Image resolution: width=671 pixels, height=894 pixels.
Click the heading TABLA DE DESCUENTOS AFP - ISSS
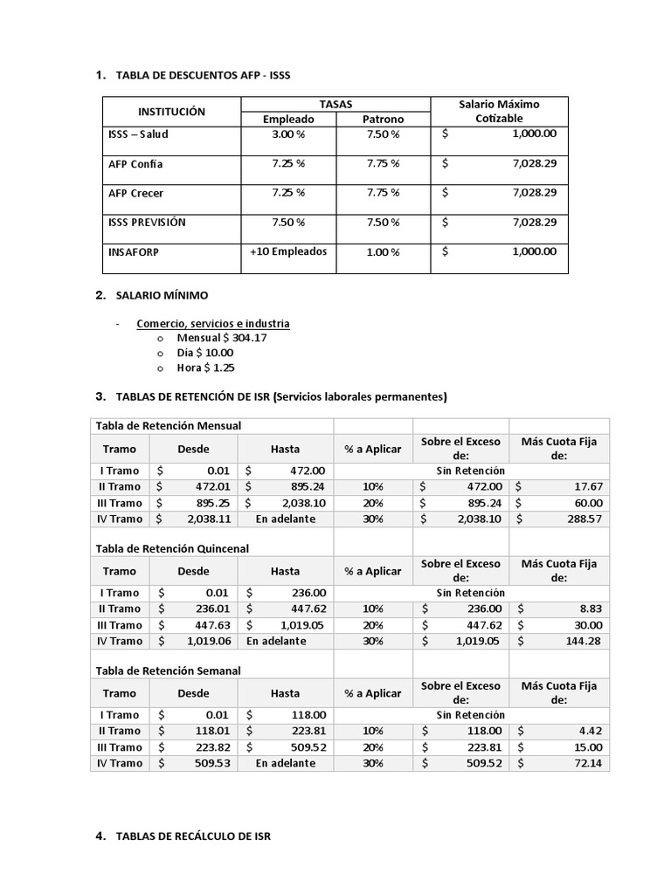point(203,76)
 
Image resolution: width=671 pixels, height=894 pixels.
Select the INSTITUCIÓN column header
point(171,112)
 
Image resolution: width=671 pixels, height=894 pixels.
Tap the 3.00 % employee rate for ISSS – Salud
point(288,134)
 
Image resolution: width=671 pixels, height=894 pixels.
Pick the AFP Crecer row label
point(135,193)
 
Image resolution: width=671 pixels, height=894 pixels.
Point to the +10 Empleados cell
point(288,251)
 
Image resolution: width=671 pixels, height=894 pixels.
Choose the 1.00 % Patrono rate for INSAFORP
point(383,252)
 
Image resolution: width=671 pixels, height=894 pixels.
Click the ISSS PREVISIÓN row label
point(147,222)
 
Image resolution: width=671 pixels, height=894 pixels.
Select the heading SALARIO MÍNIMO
point(162,296)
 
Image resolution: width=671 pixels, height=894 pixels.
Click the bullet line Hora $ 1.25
point(205,368)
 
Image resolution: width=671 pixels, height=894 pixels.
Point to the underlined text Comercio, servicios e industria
point(213,324)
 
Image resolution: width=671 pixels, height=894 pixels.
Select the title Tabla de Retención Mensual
point(169,426)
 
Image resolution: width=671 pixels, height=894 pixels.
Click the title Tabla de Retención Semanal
point(168,670)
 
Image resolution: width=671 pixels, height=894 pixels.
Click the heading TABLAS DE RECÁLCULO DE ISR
point(193,836)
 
